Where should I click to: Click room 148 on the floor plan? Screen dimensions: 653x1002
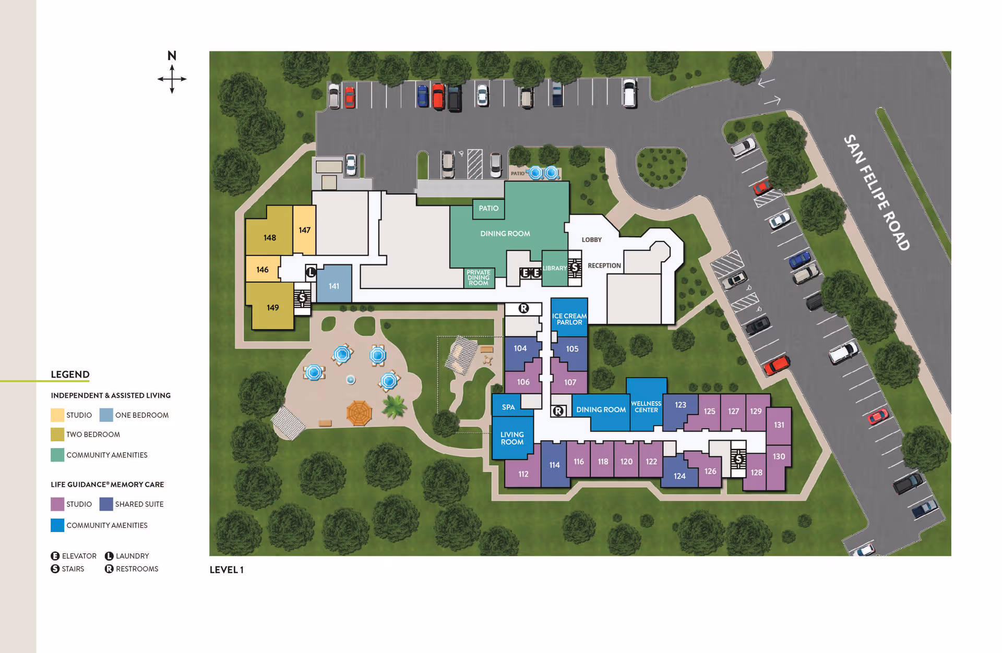[x=269, y=237]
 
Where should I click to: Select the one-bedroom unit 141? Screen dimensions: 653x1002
[x=334, y=286]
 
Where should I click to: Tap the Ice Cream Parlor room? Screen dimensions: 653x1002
[x=569, y=319]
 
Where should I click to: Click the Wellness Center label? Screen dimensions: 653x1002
[x=646, y=407]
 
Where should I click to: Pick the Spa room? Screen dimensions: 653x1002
[x=508, y=407]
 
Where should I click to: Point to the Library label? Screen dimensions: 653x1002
[x=554, y=268]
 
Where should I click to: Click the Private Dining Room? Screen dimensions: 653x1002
[x=479, y=277]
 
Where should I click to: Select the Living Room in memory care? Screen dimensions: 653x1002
[x=512, y=438]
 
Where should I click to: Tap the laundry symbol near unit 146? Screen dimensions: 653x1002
[x=311, y=272]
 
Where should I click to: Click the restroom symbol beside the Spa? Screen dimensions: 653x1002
[x=558, y=411]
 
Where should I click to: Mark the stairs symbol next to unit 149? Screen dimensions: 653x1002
[x=302, y=298]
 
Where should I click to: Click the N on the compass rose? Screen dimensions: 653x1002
[x=172, y=55]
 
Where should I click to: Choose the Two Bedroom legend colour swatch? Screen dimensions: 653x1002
[x=57, y=434]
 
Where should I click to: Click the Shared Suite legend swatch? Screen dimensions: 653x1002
[x=106, y=504]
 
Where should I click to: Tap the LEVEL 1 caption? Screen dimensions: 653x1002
[x=226, y=570]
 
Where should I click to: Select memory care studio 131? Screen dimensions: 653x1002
[x=779, y=425]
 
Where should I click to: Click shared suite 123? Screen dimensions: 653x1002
[x=680, y=405]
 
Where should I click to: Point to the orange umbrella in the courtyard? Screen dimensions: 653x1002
[x=359, y=413]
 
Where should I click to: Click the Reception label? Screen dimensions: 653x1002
[x=604, y=265]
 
